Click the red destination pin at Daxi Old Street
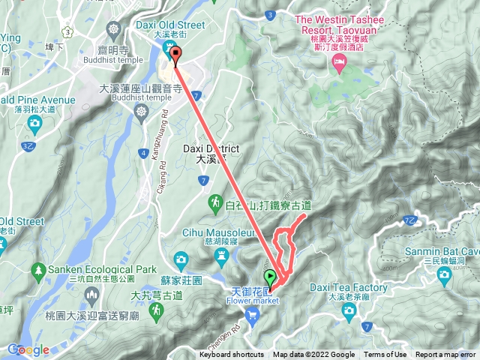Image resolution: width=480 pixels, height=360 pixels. pos(176,55)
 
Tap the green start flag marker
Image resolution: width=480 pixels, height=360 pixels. pos(269,278)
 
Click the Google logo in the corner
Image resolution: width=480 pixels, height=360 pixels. pos(28,349)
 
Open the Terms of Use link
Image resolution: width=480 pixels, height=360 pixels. pos(385,355)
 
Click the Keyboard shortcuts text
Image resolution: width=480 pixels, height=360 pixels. pos(232,355)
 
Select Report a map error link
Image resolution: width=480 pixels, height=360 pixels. pos(445,355)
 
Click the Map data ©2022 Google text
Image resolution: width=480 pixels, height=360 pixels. pos(313,355)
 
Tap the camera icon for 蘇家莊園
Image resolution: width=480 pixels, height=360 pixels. pos(179,259)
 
